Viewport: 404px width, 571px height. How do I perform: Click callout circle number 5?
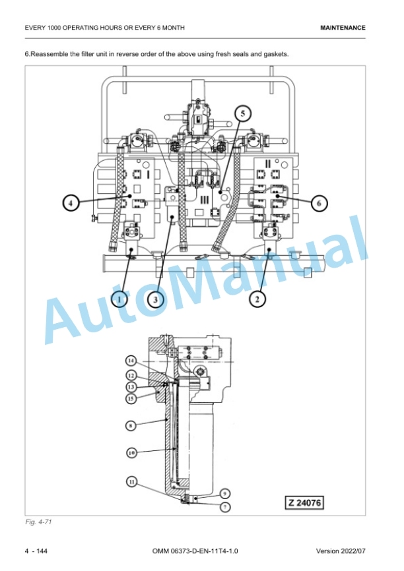click(x=242, y=113)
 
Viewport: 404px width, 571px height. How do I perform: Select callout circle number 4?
click(x=71, y=202)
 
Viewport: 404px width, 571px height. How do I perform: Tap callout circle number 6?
click(x=319, y=202)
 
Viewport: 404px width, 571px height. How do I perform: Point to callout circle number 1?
click(x=119, y=300)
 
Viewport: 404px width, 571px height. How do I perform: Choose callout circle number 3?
click(x=156, y=300)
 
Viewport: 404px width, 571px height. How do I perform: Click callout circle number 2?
click(x=257, y=299)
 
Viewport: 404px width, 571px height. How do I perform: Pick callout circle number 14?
click(x=131, y=361)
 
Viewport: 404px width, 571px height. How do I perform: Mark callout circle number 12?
click(x=131, y=375)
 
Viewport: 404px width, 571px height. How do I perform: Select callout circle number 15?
click(x=131, y=398)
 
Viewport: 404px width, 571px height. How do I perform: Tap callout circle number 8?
click(x=131, y=425)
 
